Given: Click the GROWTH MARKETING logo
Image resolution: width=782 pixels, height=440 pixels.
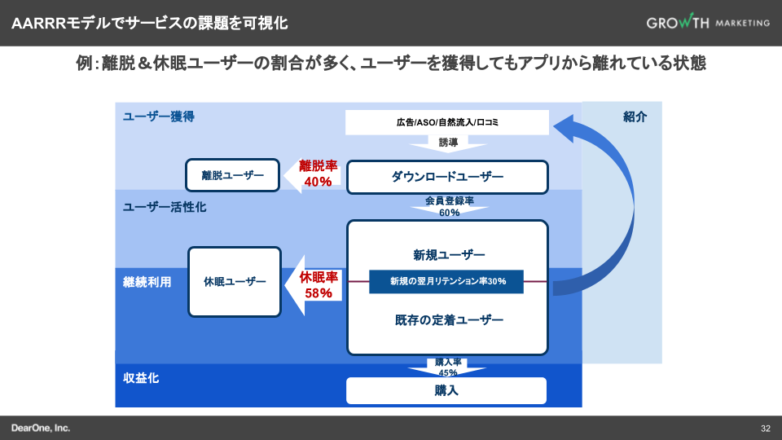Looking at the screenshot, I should click(x=707, y=23).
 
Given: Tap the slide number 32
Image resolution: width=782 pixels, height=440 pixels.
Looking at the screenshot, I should click(x=766, y=429).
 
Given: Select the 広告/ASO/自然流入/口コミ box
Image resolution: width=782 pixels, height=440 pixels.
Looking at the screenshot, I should click(x=447, y=122).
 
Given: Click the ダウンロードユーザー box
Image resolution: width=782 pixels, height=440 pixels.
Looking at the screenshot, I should click(x=447, y=177).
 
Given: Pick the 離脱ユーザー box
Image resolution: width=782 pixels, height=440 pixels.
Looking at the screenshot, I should click(x=233, y=175).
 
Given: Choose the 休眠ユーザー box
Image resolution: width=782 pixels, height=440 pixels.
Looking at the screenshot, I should click(x=235, y=282).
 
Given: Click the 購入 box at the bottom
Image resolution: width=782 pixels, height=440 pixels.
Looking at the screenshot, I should click(x=447, y=391).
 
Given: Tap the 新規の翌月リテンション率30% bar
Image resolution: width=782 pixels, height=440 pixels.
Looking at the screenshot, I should click(x=447, y=281).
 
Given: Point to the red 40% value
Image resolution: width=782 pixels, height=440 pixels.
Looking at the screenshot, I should click(x=317, y=182).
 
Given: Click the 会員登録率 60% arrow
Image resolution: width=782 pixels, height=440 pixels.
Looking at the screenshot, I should click(x=449, y=207).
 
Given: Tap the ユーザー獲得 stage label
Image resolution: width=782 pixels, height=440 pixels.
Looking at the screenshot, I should click(x=159, y=117).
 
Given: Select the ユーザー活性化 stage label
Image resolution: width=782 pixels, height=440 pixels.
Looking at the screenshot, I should click(x=165, y=207).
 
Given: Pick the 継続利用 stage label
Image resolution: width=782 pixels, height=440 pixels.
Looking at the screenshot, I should click(x=147, y=282).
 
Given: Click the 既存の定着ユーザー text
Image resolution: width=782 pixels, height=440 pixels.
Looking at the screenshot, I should click(x=447, y=320).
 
